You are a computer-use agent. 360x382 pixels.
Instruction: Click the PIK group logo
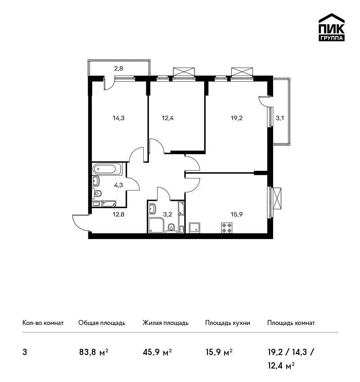click(x=332, y=27)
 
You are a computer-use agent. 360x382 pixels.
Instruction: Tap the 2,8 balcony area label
click(x=118, y=68)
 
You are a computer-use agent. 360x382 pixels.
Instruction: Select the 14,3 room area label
click(x=118, y=118)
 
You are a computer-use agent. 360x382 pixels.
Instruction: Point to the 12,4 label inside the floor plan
click(x=168, y=118)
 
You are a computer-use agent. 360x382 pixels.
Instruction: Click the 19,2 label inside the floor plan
click(x=237, y=118)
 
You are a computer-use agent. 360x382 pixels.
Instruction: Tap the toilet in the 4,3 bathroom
click(x=97, y=193)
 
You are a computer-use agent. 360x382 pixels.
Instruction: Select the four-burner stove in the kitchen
click(x=227, y=228)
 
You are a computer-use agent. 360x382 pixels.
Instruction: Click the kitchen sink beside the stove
click(x=195, y=228)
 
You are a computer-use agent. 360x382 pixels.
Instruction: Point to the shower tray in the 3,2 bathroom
click(x=157, y=225)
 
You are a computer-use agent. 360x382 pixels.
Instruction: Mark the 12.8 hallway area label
click(x=118, y=215)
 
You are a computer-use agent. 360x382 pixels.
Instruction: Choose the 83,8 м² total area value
click(x=94, y=352)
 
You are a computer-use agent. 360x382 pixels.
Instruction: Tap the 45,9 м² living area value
click(x=157, y=352)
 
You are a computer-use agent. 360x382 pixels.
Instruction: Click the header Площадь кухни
click(x=228, y=323)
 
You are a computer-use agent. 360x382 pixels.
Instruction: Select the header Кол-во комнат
click(x=43, y=323)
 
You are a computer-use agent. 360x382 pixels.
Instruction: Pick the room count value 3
click(x=25, y=352)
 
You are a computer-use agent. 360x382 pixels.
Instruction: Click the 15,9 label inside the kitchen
click(x=237, y=215)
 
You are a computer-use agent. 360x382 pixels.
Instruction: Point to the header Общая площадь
click(x=102, y=323)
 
